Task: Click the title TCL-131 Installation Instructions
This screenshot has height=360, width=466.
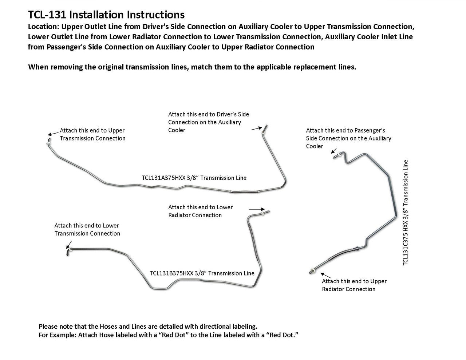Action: [106, 15]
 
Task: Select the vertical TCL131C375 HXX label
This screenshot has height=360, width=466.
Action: [406, 213]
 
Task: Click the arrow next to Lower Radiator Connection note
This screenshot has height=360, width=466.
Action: [257, 209]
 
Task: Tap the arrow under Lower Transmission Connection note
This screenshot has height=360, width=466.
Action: [69, 244]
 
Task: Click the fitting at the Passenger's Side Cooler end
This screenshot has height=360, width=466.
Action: [336, 156]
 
